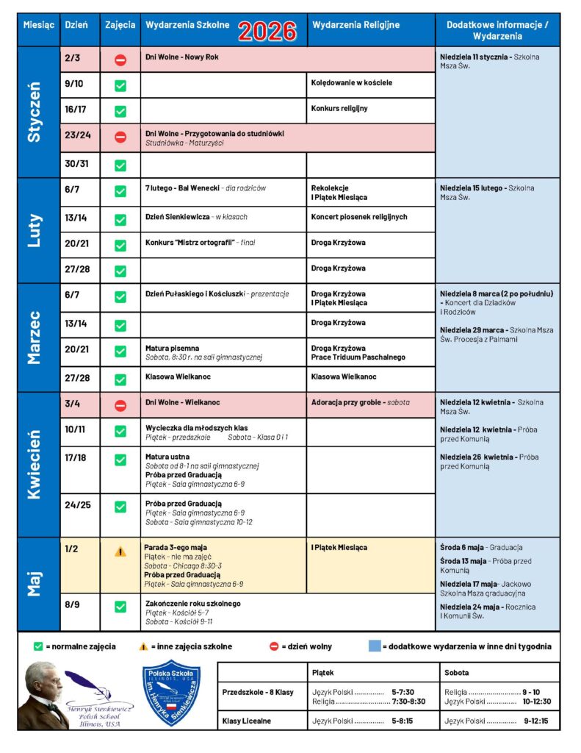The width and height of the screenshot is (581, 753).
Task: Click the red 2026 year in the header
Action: coord(267,30)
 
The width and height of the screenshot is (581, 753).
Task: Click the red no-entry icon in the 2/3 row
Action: coord(120,60)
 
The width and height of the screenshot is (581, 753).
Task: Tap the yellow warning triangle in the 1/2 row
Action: coord(120,552)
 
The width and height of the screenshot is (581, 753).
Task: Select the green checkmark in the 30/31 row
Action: coord(120,165)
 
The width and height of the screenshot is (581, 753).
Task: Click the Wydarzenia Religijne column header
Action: coord(356,25)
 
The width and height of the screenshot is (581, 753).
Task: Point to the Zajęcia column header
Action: coord(120,25)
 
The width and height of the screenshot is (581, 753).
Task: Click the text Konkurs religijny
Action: coord(339,108)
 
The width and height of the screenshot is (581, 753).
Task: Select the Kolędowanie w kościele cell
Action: coord(351,82)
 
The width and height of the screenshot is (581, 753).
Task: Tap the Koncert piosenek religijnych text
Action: coord(358,217)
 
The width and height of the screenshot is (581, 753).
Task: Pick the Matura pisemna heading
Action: coord(173,348)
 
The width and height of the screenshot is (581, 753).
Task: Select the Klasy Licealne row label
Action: coord(247,721)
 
